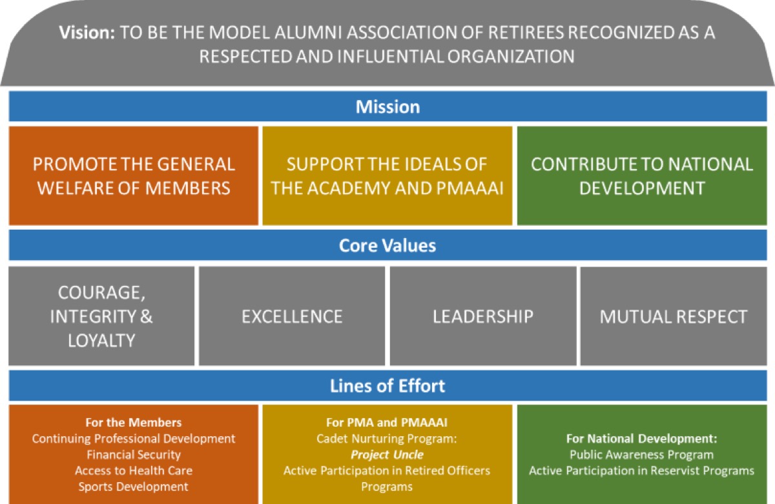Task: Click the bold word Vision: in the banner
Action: pyautogui.click(x=87, y=32)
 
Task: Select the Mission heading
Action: pyautogui.click(x=388, y=106)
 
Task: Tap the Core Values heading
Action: pyautogui.click(x=387, y=245)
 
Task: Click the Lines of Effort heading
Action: pyautogui.click(x=387, y=386)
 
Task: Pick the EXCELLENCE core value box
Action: pyautogui.click(x=292, y=316)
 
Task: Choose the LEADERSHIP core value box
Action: pyautogui.click(x=483, y=316)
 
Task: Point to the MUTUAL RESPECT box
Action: pyautogui.click(x=674, y=316)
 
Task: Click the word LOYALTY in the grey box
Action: pyautogui.click(x=101, y=341)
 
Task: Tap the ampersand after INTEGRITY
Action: pyautogui.click(x=147, y=316)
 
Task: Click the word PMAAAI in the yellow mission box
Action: pyautogui.click(x=470, y=188)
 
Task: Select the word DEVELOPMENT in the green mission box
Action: pyautogui.click(x=642, y=188)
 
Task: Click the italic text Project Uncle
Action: pyautogui.click(x=387, y=454)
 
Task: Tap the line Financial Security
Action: pyautogui.click(x=134, y=454)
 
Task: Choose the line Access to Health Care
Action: pyautogui.click(x=134, y=470)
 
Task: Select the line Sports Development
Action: pyautogui.click(x=134, y=487)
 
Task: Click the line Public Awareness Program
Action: pyautogui.click(x=642, y=454)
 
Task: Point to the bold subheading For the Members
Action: pyautogui.click(x=134, y=423)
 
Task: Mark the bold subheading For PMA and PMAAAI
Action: pyautogui.click(x=387, y=423)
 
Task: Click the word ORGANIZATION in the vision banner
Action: pyautogui.click(x=511, y=56)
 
